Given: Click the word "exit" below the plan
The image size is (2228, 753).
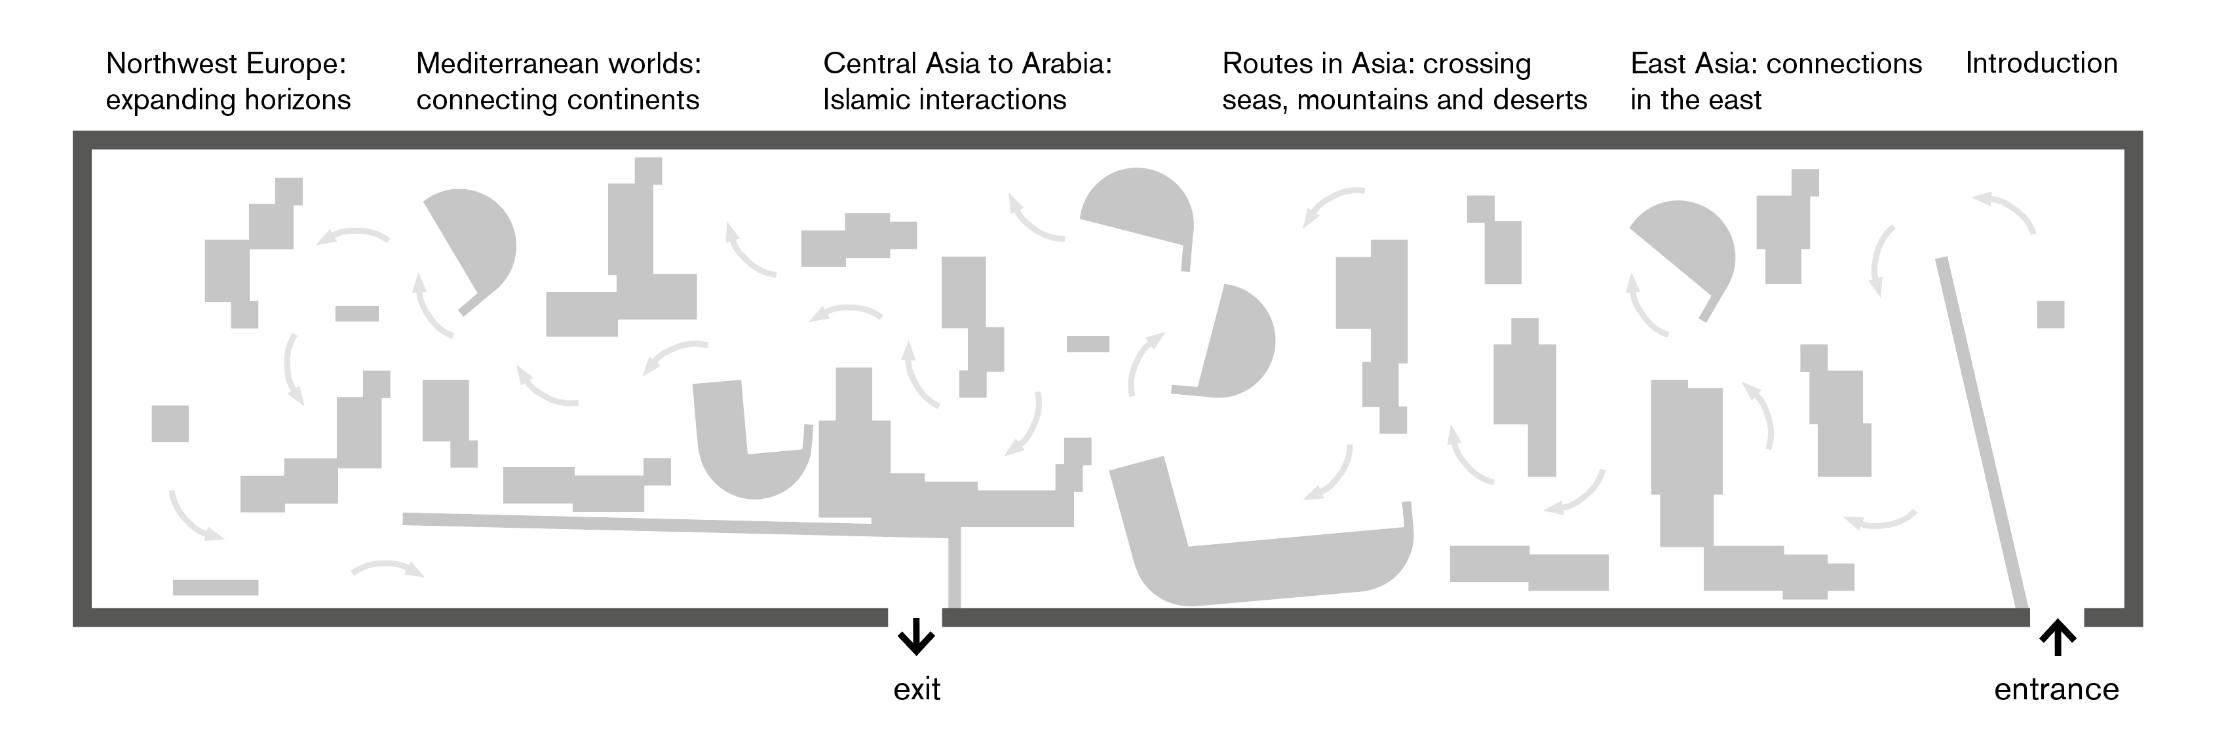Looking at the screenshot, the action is (x=916, y=689).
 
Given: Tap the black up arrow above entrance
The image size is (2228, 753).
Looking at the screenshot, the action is (x=2058, y=639).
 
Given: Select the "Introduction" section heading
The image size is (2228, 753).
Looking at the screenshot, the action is (x=2041, y=63).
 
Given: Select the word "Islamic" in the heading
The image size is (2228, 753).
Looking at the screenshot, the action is (x=868, y=100).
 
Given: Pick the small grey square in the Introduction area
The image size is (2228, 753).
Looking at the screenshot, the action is (x=2050, y=314).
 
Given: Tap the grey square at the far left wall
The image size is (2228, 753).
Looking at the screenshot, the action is (x=170, y=423).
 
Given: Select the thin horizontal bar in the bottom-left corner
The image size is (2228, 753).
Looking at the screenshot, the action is (x=216, y=587).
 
